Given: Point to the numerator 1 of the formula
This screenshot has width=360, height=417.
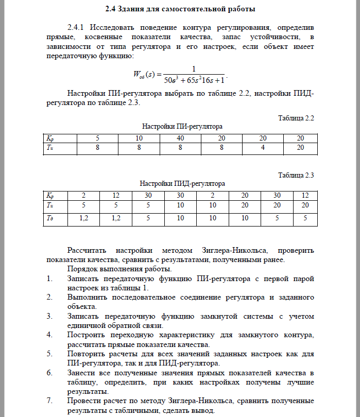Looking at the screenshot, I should pyautogui.click(x=193, y=69).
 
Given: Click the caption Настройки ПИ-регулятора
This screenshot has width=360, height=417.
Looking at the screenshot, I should pyautogui.click(x=182, y=126).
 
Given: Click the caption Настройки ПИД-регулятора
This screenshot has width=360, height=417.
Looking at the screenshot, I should pyautogui.click(x=182, y=183).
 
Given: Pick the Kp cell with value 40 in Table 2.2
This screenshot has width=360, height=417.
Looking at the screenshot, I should pyautogui.click(x=181, y=138).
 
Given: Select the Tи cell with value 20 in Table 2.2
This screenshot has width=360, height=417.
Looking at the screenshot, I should pyautogui.click(x=300, y=147).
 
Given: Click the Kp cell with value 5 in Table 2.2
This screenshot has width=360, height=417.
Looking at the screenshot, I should pyautogui.click(x=97, y=138).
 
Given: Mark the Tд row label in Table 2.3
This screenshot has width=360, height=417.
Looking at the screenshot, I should pyautogui.click(x=50, y=218).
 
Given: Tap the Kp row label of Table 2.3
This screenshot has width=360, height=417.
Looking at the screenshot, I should pyautogui.click(x=50, y=195).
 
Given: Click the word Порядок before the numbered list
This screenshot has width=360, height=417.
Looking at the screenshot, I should pyautogui.click(x=82, y=269).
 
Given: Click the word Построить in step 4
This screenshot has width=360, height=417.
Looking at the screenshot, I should pyautogui.click(x=85, y=335).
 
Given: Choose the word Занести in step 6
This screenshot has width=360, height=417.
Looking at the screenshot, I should pyautogui.click(x=81, y=372).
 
